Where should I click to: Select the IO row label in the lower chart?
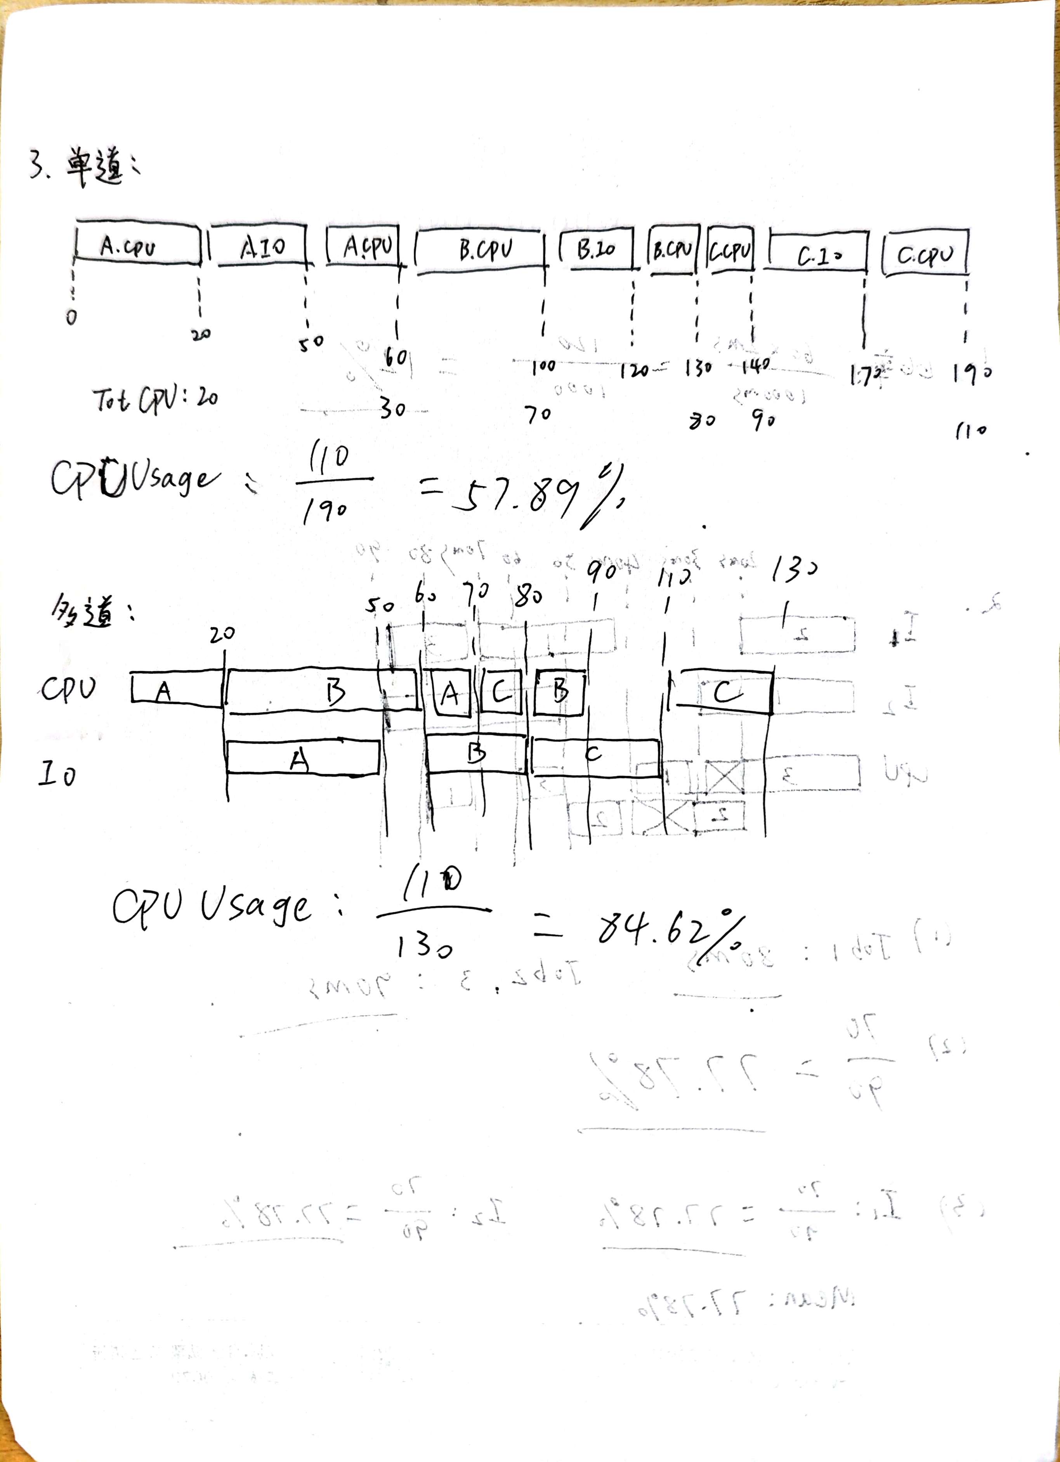click(x=57, y=773)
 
